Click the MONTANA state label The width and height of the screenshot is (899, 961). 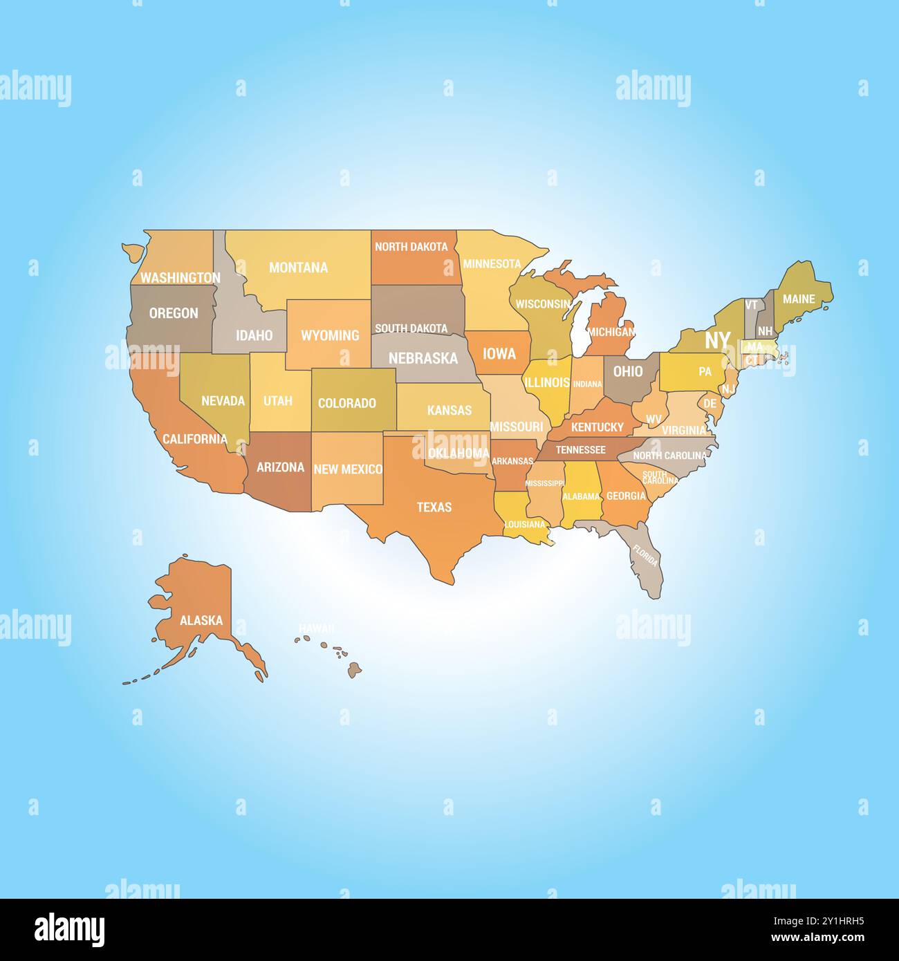(298, 268)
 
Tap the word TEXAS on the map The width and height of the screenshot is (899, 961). (434, 507)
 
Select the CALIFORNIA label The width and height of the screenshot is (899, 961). (194, 439)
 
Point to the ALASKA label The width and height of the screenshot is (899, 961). (201, 620)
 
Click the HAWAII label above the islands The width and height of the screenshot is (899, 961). (316, 628)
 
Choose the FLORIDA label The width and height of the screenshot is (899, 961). (645, 556)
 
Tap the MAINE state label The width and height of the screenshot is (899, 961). (799, 299)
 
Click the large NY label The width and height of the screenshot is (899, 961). (717, 340)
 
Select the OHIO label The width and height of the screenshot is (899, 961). (628, 371)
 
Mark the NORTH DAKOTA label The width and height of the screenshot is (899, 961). (411, 247)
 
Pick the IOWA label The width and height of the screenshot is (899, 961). (499, 354)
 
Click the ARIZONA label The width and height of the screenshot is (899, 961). (280, 467)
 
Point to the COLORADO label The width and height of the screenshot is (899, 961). (347, 403)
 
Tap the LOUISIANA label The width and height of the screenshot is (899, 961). (525, 524)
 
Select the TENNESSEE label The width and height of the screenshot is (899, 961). (580, 450)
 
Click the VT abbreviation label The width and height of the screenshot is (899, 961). (751, 305)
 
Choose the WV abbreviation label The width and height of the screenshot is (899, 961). (654, 419)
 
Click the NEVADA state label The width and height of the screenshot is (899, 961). (223, 401)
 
